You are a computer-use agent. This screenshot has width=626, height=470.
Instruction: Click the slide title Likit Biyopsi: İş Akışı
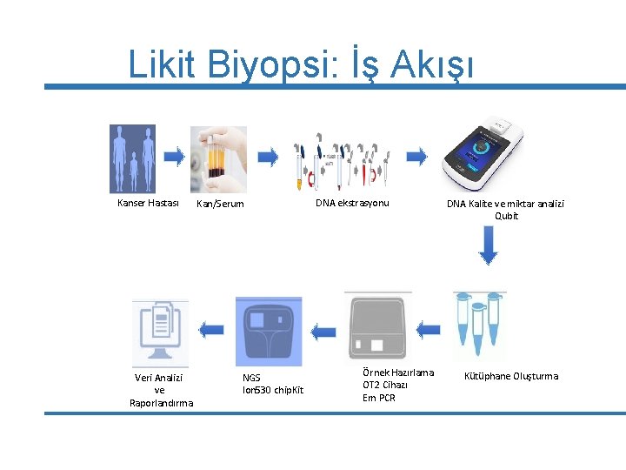tap(301, 64)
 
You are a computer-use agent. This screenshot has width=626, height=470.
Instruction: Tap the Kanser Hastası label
tap(148, 204)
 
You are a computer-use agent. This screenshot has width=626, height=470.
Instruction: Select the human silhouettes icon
tap(133, 158)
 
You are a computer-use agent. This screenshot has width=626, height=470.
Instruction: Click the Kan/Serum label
tap(220, 205)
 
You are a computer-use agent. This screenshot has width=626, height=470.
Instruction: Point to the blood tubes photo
tap(218, 159)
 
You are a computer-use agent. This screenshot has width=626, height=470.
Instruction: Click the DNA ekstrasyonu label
tap(352, 204)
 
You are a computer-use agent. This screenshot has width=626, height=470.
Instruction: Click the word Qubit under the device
tap(506, 216)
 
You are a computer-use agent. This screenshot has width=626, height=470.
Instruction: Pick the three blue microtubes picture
tap(478, 326)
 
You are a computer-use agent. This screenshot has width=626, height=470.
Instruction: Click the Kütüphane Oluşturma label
tap(511, 377)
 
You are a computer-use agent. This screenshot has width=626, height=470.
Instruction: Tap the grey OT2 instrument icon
tap(378, 327)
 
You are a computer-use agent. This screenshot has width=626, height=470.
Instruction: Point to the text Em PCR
tap(378, 398)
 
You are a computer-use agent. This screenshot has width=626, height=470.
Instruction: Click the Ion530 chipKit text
tap(272, 391)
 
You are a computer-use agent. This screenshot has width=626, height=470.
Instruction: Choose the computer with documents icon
tap(160, 332)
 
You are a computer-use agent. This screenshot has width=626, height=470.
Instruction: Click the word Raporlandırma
tap(161, 403)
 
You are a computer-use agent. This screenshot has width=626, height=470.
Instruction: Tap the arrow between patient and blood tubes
tap(174, 158)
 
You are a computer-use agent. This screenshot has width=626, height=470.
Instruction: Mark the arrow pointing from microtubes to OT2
tap(427, 330)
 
